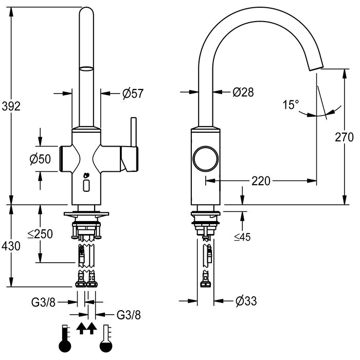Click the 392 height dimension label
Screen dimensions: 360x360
point(11,106)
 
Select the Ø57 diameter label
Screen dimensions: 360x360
point(133,93)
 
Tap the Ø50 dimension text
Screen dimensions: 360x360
point(41,159)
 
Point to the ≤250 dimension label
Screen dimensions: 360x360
point(40,234)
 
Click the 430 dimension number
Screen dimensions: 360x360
point(11,246)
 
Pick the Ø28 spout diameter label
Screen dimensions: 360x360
point(243,92)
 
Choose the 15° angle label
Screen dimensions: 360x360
point(291,105)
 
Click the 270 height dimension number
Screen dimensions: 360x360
point(344,137)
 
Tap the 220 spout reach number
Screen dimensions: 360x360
point(261,181)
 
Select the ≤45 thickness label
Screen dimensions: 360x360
point(242,237)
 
